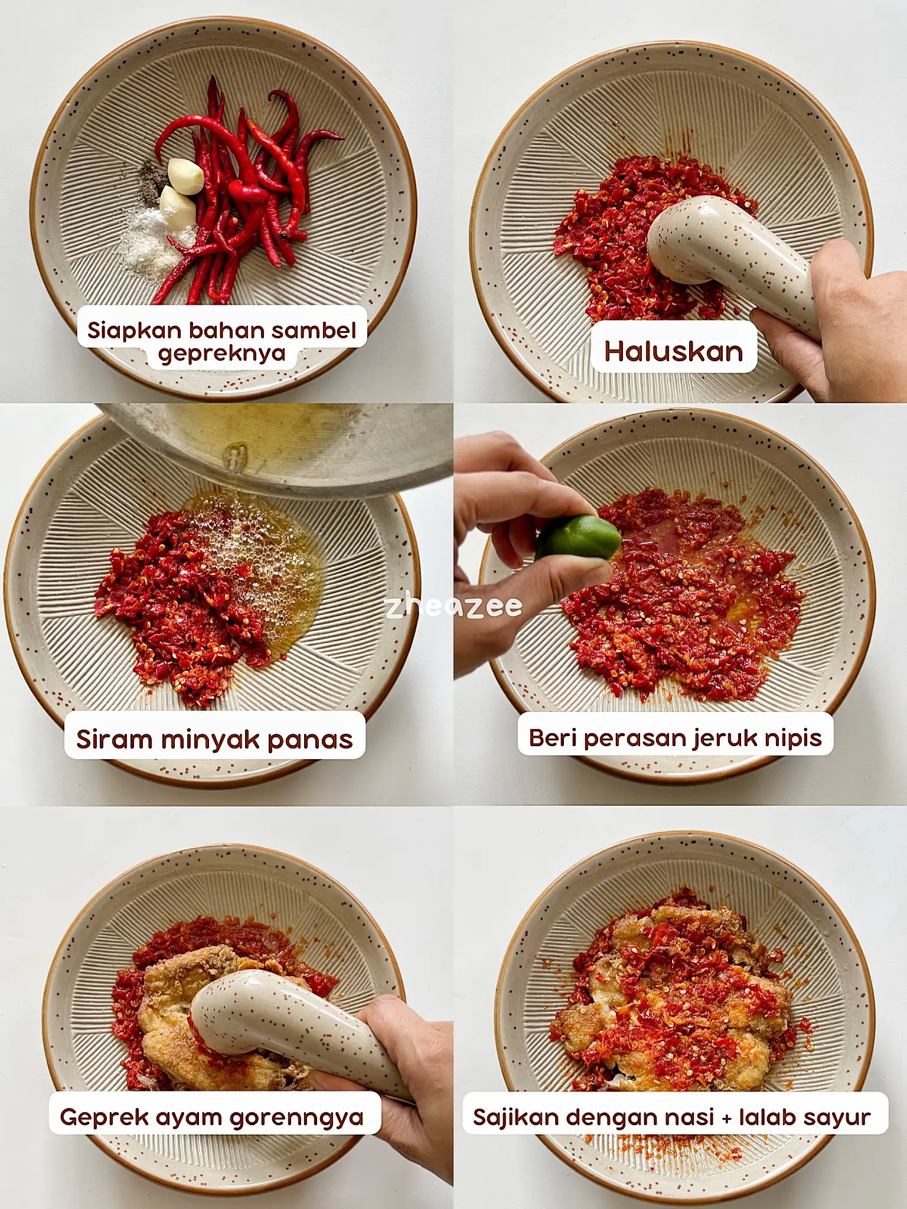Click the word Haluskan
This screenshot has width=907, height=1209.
click(x=673, y=352)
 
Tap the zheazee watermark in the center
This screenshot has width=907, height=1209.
click(x=453, y=606)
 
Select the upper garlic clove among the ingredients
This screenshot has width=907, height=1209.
click(x=185, y=175)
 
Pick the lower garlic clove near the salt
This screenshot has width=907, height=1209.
click(x=177, y=207)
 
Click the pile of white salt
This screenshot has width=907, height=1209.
click(x=148, y=242)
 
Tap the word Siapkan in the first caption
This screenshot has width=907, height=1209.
click(x=135, y=330)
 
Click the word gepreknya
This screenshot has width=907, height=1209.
click(x=221, y=354)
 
